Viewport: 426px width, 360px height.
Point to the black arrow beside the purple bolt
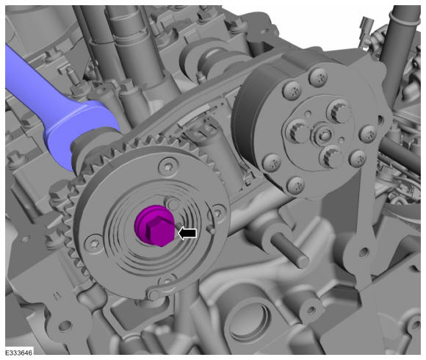(187, 234)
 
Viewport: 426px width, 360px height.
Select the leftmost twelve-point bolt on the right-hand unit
(297, 132)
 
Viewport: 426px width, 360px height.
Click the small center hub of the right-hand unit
(324, 134)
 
